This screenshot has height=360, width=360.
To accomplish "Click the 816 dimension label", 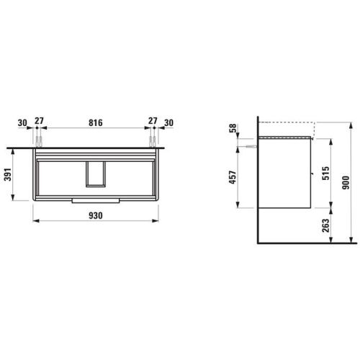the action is click(96, 122).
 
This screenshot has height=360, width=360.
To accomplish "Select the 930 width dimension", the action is click(96, 215).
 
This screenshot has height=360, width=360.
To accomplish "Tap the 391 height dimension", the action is click(8, 174).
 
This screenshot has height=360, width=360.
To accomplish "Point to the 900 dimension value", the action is click(346, 182).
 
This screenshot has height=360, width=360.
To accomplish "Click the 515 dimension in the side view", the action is click(325, 173).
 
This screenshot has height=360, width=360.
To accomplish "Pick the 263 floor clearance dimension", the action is click(325, 225).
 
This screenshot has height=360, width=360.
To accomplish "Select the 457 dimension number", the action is click(233, 177).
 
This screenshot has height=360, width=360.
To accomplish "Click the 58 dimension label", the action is click(233, 128).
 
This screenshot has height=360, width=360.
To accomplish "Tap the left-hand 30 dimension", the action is click(22, 123).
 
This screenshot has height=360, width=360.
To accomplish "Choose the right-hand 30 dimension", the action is click(168, 123).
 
